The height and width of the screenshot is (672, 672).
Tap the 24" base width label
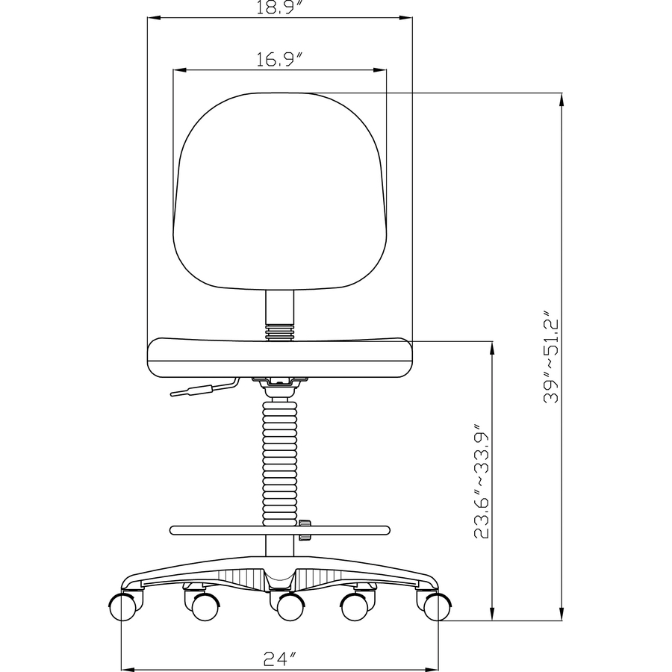point(280,658)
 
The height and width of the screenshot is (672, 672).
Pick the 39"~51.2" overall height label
point(551,357)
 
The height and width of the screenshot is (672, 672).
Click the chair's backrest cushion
point(280,190)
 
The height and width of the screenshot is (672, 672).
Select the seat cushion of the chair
point(280,357)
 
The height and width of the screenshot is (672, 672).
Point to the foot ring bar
point(224,530)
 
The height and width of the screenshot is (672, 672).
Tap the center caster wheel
point(284,608)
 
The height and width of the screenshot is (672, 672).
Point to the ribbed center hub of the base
point(280,577)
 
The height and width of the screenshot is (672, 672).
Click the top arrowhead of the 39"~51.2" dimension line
point(561,97)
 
